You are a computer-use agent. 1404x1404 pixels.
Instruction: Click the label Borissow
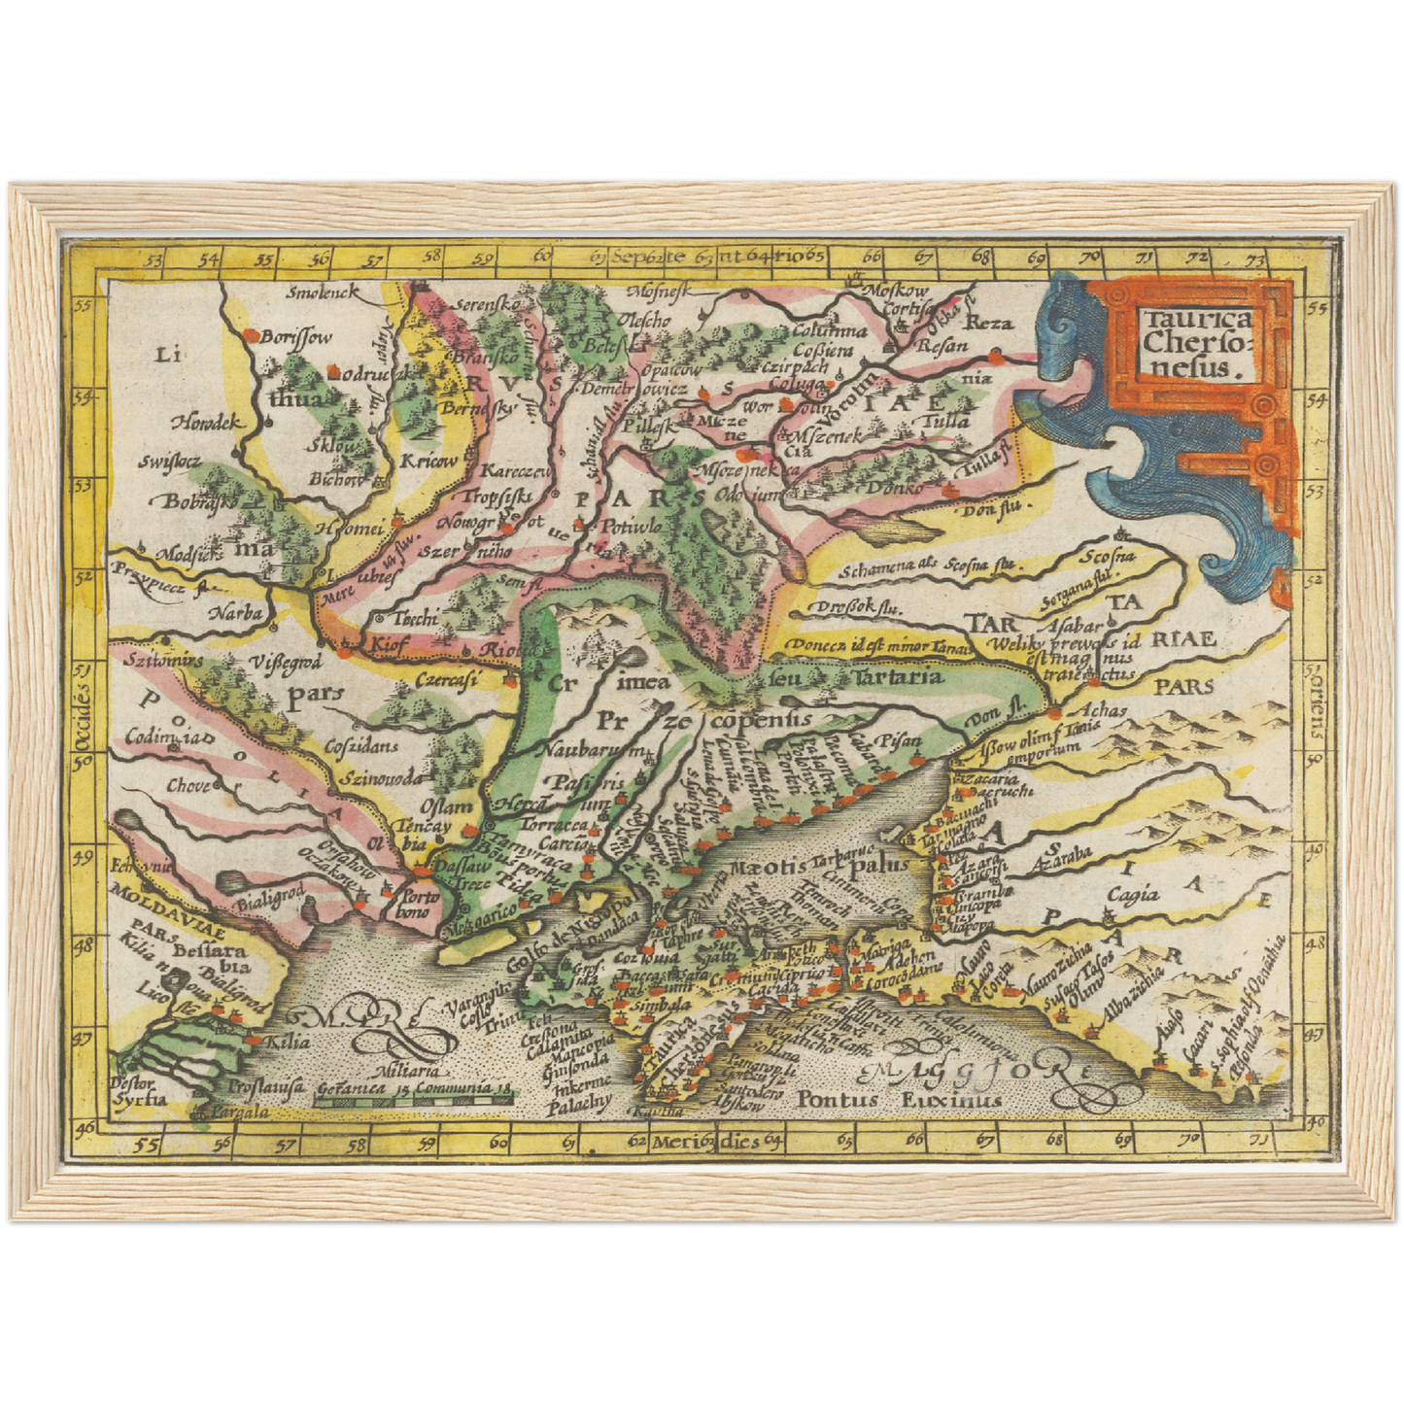(296, 337)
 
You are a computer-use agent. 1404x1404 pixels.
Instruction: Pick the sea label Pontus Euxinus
(898, 1100)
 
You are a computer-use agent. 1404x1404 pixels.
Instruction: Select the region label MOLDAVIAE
(151, 894)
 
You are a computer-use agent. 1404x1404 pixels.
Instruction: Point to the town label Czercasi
(444, 681)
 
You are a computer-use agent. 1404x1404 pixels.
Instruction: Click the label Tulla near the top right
(942, 421)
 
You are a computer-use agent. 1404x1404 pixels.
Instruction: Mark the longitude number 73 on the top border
(1256, 259)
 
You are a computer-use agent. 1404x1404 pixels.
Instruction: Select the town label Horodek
(206, 423)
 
